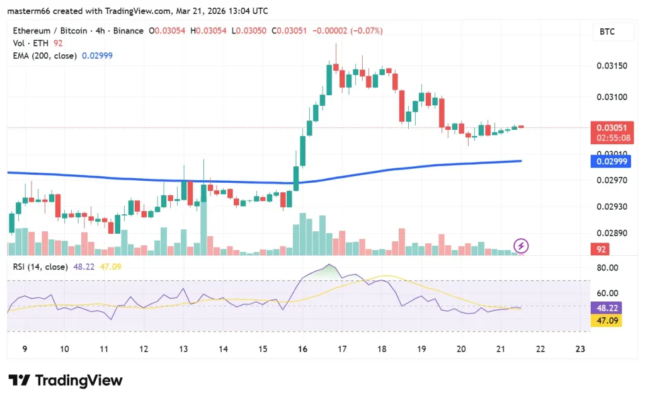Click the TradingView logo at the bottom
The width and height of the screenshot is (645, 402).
pyautogui.click(x=66, y=380)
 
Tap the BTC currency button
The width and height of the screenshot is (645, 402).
pyautogui.click(x=607, y=32)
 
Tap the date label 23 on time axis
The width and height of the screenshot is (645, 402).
pyautogui.click(x=581, y=348)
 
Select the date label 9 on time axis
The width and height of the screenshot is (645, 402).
pyautogui.click(x=25, y=348)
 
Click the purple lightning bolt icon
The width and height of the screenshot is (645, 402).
pyautogui.click(x=521, y=246)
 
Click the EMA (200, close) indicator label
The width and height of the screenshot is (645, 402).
pyautogui.click(x=45, y=55)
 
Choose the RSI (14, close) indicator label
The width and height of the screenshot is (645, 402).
pyautogui.click(x=40, y=267)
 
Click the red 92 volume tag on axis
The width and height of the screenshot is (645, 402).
pyautogui.click(x=602, y=250)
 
